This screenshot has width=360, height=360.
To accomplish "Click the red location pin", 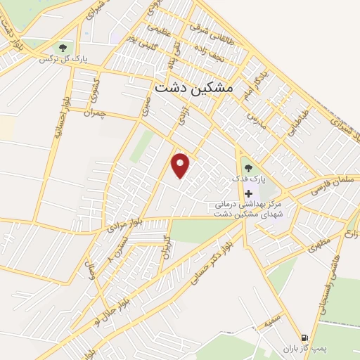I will (181, 165).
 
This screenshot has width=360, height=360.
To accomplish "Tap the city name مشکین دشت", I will (192, 89).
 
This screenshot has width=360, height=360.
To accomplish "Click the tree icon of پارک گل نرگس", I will (64, 48).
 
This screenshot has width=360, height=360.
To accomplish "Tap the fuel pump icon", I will (304, 337).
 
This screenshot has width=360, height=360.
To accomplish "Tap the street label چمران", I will (93, 112).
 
